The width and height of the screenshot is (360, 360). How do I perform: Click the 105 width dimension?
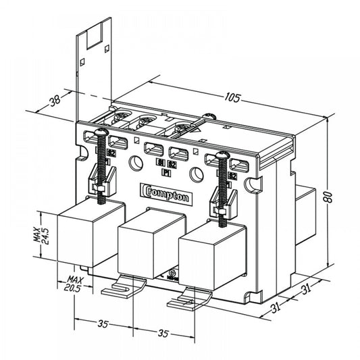[232, 99]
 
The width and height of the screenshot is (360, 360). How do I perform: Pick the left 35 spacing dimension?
[103, 324]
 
